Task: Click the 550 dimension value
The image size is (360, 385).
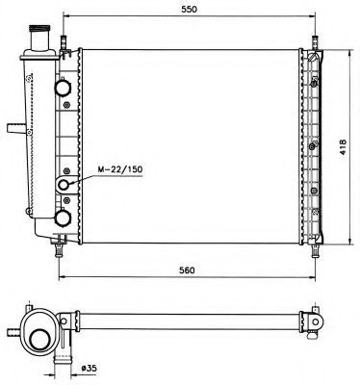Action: click(189, 9)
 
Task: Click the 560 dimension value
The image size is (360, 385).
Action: click(187, 270)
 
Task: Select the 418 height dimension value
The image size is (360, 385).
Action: click(343, 147)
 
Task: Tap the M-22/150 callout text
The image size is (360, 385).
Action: click(119, 169)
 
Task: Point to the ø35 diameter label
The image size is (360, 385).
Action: click(89, 369)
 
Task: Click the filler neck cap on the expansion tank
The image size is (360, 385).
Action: click(39, 29)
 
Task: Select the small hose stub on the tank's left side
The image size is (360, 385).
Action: click(16, 128)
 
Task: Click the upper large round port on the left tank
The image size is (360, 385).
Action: click(63, 87)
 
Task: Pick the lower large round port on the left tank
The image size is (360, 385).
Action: click(63, 218)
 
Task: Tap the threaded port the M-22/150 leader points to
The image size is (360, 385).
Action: click(64, 185)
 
